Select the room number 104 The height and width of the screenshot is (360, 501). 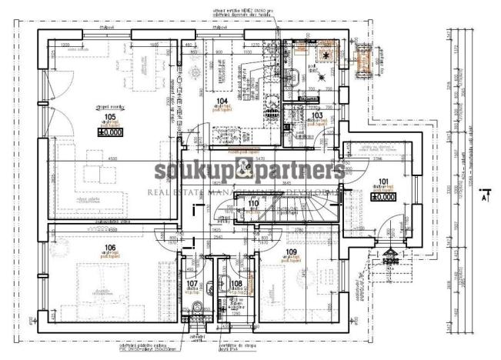coord(222,101)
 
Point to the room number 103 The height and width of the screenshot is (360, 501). coord(316,115)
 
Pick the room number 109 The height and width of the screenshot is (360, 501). coord(290,252)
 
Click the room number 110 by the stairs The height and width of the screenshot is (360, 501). coord(253,203)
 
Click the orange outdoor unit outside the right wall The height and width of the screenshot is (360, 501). coord(364,57)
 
